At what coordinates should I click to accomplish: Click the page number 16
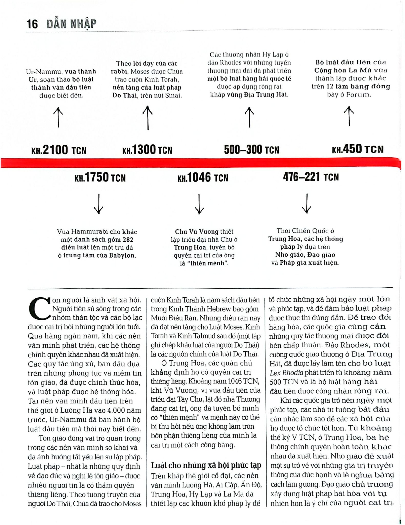click(32, 24)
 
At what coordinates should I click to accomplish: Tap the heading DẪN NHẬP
click(71, 24)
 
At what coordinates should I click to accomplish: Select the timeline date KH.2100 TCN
click(59, 150)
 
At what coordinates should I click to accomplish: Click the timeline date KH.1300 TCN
click(147, 150)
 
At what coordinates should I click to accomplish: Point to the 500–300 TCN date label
click(251, 150)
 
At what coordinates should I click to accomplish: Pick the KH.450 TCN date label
click(358, 149)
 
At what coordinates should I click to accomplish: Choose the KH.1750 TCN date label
click(100, 177)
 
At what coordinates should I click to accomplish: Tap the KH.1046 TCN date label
click(203, 177)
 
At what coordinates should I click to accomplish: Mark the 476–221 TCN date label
click(311, 177)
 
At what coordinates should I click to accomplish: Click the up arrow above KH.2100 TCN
click(58, 117)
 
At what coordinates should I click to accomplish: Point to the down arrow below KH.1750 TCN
click(99, 204)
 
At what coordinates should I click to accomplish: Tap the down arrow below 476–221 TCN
click(306, 204)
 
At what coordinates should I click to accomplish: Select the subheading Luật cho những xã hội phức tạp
click(206, 465)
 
